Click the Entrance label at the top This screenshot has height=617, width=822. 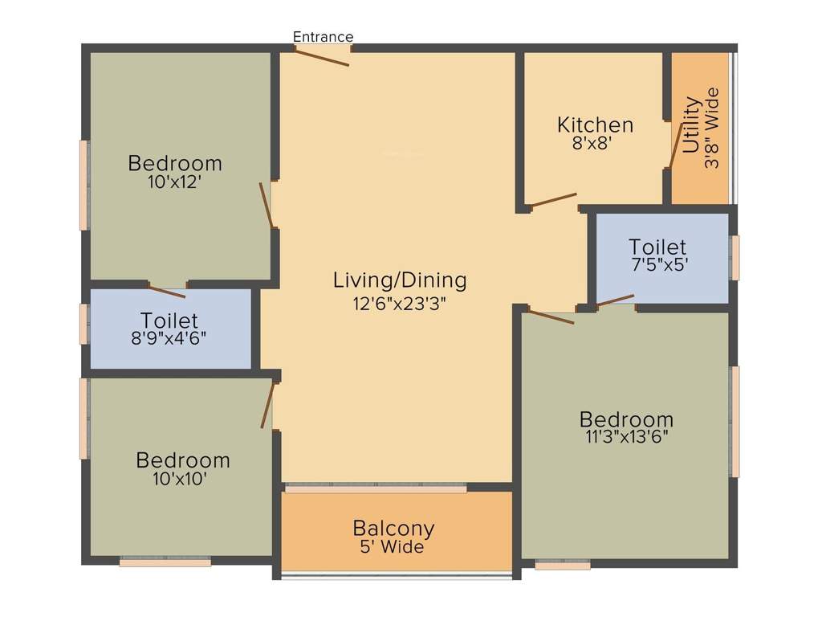click(323, 37)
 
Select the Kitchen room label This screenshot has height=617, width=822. click(595, 125)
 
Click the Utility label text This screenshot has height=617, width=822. click(691, 125)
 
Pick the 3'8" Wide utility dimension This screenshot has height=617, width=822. click(711, 128)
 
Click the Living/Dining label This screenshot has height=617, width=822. click(400, 280)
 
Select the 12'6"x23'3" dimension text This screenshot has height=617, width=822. click(400, 304)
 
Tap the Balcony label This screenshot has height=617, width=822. click(393, 529)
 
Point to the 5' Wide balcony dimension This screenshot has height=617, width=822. click(392, 548)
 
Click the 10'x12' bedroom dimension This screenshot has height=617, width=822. click(174, 182)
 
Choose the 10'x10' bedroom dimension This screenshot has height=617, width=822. click(183, 479)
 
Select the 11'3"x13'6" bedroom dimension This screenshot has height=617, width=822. click(627, 437)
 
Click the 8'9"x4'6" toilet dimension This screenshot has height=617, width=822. click(169, 338)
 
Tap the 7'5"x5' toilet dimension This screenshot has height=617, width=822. click(657, 264)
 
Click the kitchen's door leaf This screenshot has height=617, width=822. click(554, 200)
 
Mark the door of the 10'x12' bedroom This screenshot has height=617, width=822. click(267, 205)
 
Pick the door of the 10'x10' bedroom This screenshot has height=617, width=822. click(268, 405)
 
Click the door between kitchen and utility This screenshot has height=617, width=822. click(676, 146)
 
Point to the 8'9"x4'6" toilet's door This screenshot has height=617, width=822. click(167, 292)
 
